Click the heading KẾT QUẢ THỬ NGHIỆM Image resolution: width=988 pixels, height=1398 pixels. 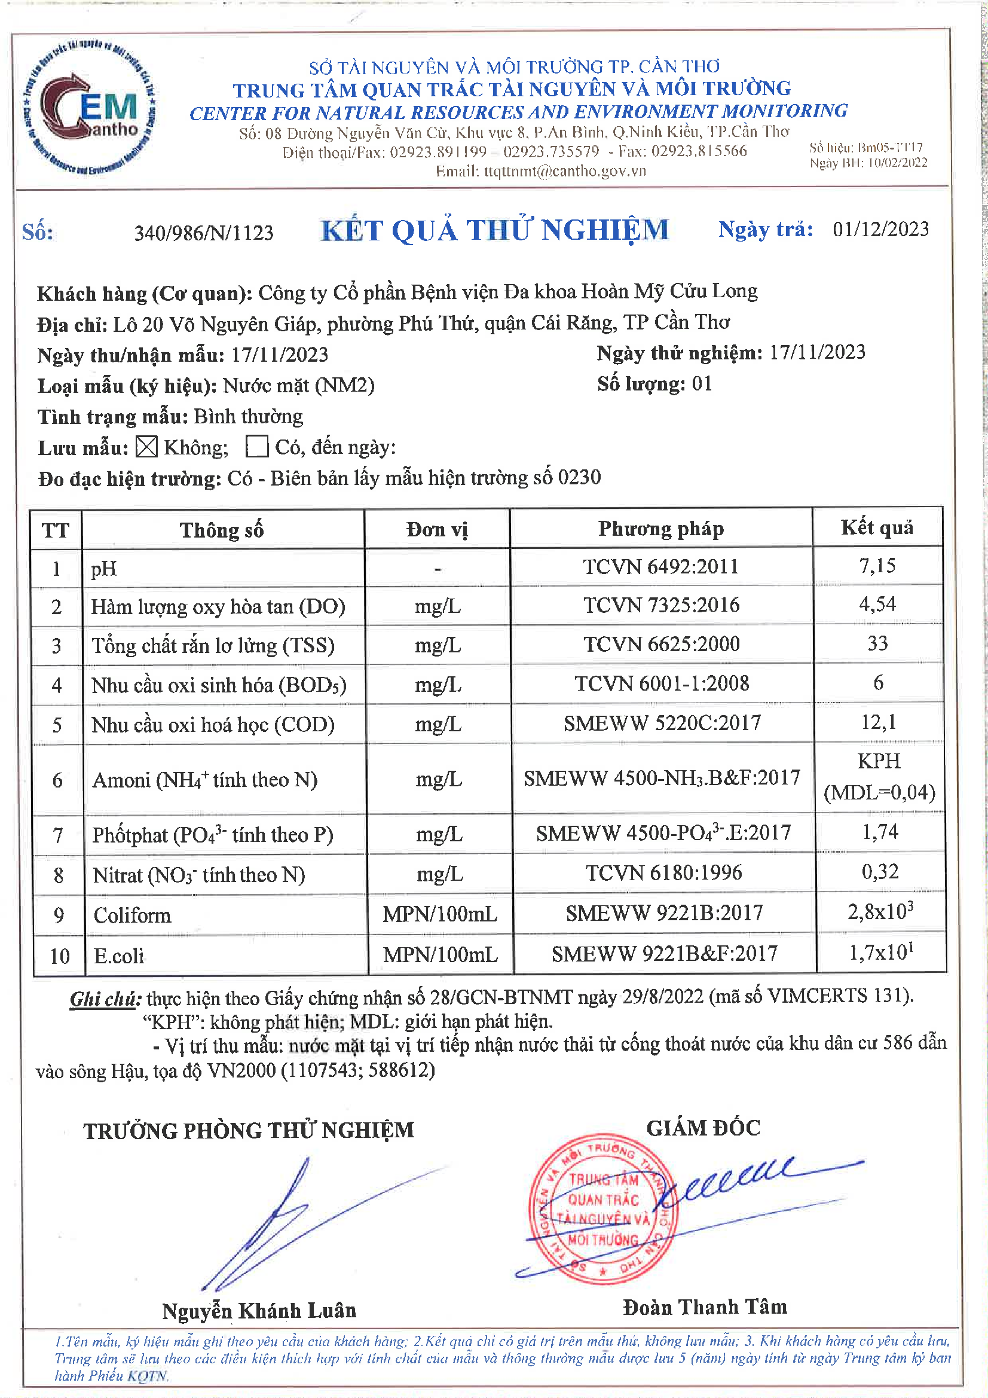[x=494, y=231]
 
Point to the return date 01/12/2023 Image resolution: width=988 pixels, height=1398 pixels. [x=880, y=230]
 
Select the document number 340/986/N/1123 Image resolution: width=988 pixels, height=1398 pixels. [x=204, y=233]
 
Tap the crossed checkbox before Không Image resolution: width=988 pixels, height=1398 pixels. [x=146, y=447]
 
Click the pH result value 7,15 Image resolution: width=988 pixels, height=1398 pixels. [x=877, y=566]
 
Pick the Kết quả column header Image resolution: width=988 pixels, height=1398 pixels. [x=877, y=527]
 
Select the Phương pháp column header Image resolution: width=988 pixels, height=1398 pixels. [x=661, y=529]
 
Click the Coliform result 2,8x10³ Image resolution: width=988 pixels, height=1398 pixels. [x=880, y=911]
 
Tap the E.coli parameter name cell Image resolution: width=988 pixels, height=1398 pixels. [x=120, y=956]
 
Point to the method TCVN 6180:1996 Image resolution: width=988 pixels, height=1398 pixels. [x=663, y=872]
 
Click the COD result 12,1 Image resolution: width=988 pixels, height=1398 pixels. [x=878, y=722]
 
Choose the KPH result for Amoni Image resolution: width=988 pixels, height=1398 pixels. [x=879, y=761]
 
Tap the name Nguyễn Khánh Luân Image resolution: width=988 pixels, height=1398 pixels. [x=259, y=1310]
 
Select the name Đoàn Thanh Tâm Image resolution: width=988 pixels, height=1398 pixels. [x=705, y=1307]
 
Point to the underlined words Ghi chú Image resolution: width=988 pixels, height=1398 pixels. [x=105, y=999]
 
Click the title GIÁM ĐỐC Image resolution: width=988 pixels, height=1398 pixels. [x=703, y=1128]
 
